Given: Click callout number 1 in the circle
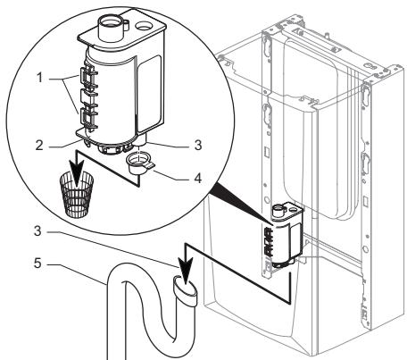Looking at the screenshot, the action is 39,78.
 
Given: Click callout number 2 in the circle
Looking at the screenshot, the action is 39,146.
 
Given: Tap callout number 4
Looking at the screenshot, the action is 197,178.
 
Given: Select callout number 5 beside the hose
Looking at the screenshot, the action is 37,264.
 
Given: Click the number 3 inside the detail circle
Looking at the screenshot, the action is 198,145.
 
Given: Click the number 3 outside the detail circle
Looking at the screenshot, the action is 37,230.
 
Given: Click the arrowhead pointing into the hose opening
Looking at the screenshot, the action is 186,275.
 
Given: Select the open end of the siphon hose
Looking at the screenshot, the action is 185,285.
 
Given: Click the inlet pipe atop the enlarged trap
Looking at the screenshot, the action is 109,28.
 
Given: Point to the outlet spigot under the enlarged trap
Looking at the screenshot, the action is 141,140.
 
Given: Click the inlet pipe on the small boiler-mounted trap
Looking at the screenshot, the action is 278,211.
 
